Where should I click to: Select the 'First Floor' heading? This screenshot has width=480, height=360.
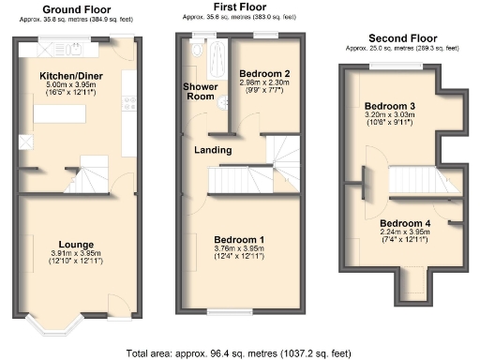pyautogui.click(x=240, y=8)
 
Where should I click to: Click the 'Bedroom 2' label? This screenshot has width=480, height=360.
pyautogui.click(x=264, y=72)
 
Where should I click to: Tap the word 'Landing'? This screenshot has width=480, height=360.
pyautogui.click(x=214, y=150)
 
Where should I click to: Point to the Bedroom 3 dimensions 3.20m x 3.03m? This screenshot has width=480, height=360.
pyautogui.click(x=390, y=117)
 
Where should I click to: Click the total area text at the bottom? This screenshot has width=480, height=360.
pyautogui.click(x=240, y=353)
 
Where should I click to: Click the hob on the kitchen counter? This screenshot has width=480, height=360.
pyautogui.click(x=129, y=104)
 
